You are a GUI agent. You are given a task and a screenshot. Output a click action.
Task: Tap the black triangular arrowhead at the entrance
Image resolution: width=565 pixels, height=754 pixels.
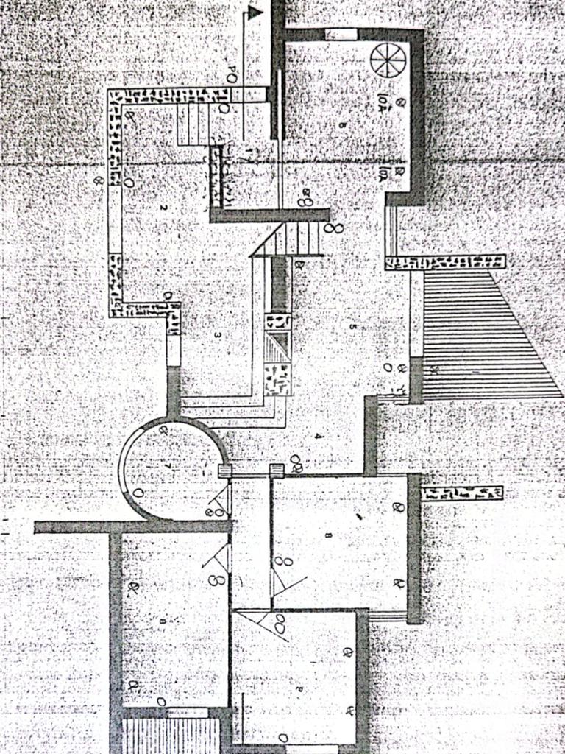[x=255, y=13]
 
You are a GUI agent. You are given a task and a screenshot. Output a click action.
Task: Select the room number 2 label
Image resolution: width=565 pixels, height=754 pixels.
[x=163, y=208]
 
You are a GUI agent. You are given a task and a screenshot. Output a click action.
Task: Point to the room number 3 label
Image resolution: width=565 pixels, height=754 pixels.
[x=218, y=335]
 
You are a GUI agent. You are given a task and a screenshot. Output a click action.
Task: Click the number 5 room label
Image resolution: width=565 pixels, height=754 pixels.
[x=353, y=326]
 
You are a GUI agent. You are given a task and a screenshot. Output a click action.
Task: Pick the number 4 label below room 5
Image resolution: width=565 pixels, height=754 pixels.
[x=319, y=436]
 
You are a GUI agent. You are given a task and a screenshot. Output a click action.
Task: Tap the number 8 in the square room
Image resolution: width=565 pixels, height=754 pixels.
[x=327, y=535]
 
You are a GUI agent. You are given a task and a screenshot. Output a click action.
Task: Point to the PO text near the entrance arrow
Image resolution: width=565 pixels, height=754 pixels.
[x=231, y=74]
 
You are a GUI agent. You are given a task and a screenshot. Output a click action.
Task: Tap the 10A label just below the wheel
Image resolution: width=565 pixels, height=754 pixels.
[x=383, y=102]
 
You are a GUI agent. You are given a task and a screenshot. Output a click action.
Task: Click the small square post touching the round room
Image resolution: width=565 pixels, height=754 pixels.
[x=225, y=472]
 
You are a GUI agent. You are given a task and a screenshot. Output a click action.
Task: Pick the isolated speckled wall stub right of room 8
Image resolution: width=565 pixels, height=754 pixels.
[x=462, y=493]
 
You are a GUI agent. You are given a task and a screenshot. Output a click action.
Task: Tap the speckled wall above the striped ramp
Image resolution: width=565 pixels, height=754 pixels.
[x=445, y=262]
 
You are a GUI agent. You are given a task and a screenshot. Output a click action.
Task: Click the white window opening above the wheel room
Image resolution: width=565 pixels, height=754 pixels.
[x=341, y=34]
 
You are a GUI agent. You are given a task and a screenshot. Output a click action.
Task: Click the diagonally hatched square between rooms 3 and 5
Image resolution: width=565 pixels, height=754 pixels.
[x=277, y=345]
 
